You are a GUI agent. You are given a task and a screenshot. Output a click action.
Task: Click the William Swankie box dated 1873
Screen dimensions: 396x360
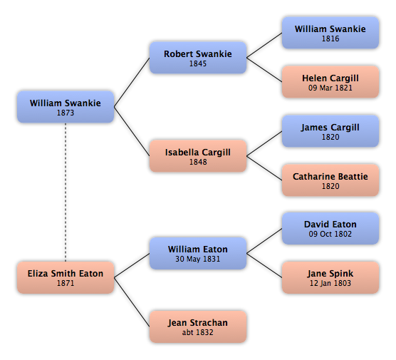click(x=66, y=107)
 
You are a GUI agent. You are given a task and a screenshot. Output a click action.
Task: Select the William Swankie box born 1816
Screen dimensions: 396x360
click(x=330, y=33)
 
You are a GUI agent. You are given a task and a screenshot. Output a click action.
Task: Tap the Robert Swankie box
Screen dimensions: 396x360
click(x=198, y=58)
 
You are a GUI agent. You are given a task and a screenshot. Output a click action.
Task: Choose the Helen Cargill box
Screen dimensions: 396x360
click(x=330, y=82)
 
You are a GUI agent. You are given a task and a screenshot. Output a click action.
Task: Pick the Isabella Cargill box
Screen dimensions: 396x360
click(x=198, y=156)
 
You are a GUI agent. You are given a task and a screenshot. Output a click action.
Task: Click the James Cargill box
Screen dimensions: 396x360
click(x=330, y=131)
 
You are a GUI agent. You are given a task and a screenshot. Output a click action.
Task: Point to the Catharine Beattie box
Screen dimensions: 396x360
click(x=330, y=180)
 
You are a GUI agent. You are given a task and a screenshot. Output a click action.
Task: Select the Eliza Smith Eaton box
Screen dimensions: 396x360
click(x=66, y=277)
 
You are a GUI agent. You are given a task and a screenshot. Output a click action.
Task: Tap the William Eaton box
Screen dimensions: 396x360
click(x=198, y=253)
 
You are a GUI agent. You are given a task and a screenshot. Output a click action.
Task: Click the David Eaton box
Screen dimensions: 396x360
click(x=330, y=229)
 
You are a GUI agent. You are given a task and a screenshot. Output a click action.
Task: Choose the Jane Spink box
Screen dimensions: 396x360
click(x=330, y=277)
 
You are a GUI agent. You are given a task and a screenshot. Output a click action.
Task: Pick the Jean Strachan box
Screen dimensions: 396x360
click(x=198, y=326)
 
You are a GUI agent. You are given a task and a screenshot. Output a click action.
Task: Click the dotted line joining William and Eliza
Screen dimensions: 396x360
click(x=66, y=192)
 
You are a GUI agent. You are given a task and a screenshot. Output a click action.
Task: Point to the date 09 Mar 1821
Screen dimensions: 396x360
click(x=330, y=88)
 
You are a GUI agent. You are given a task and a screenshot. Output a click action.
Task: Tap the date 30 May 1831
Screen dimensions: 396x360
click(x=198, y=259)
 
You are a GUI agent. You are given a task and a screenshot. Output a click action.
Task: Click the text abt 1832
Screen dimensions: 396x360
click(x=198, y=332)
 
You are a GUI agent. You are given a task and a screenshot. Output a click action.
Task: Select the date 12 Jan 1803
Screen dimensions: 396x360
click(x=330, y=283)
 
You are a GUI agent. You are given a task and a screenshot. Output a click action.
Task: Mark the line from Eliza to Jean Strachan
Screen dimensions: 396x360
click(x=132, y=302)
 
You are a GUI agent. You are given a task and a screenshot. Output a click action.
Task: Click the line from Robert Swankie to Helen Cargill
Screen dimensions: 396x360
click(x=264, y=70)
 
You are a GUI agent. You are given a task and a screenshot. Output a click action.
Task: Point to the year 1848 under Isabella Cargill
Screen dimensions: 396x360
click(x=198, y=162)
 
